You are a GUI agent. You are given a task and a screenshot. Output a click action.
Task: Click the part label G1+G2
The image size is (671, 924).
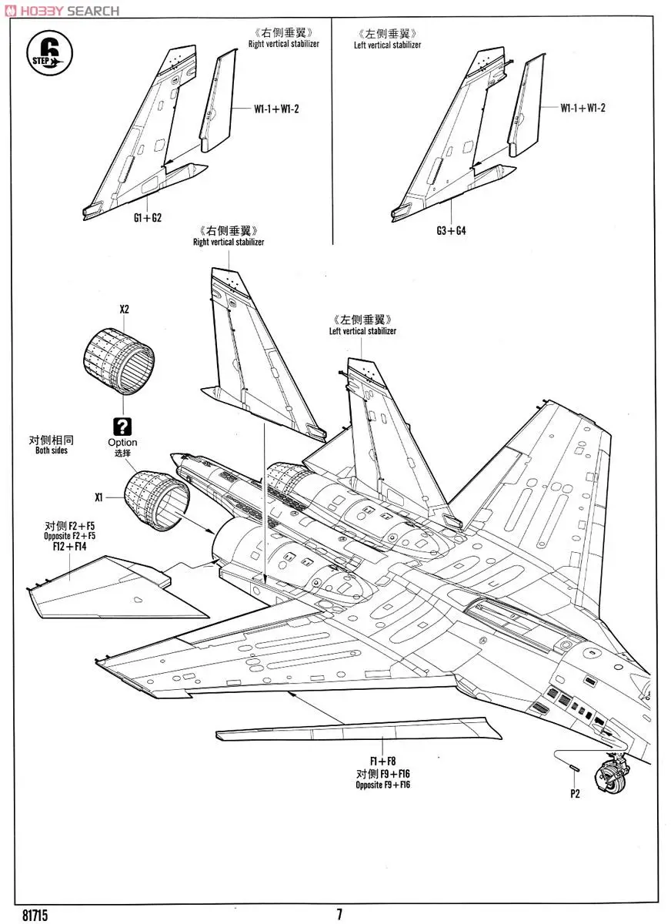(x=147, y=218)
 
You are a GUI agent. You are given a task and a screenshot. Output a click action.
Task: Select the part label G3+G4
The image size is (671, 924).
(x=451, y=230)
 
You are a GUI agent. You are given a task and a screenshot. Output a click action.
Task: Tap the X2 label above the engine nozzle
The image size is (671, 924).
(x=124, y=310)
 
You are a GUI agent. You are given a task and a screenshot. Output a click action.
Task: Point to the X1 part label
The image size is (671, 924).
(x=98, y=497)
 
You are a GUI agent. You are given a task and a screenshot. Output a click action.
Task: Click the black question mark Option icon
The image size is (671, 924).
(x=122, y=427)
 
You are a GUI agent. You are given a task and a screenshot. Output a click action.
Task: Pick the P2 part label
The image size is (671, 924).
(x=574, y=795)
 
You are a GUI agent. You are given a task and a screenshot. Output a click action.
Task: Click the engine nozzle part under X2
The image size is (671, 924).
(x=118, y=360)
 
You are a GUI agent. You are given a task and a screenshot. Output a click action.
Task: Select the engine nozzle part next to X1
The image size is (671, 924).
(x=157, y=500)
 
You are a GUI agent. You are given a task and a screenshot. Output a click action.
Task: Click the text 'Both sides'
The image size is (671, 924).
(x=51, y=450)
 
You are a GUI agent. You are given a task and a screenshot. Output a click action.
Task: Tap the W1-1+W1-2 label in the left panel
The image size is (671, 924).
(x=277, y=109)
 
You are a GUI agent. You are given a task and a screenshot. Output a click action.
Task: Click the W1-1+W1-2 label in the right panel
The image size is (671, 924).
(x=583, y=107)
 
